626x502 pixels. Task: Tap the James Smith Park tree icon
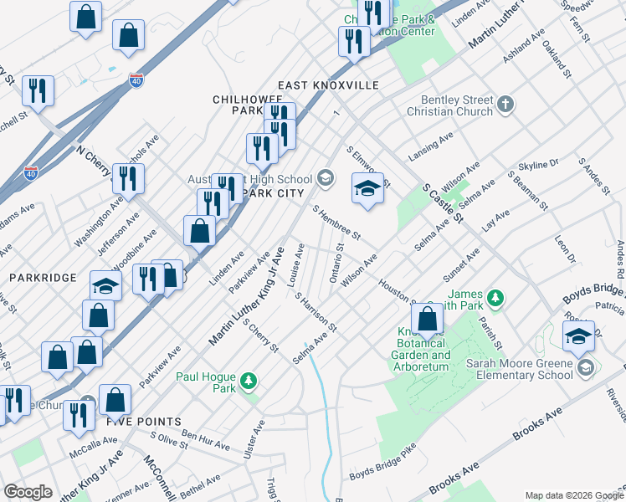(x=496, y=297)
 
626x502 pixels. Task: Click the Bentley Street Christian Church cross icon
(x=505, y=105)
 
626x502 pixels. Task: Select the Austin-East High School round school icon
(x=326, y=178)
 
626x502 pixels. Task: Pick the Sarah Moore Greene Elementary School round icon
(x=585, y=368)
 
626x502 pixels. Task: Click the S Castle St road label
(x=443, y=204)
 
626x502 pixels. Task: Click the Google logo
(x=28, y=492)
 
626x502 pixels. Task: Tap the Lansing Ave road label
(x=430, y=146)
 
